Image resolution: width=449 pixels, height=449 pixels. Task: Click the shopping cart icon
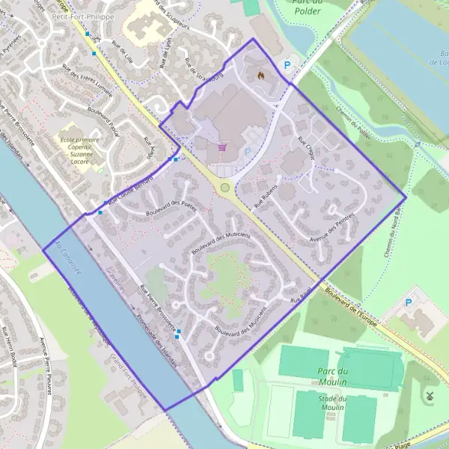222,147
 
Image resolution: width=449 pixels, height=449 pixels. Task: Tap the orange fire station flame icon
260,76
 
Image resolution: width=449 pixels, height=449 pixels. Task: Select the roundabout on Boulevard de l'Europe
224,187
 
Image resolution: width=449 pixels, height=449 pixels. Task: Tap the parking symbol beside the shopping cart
248,152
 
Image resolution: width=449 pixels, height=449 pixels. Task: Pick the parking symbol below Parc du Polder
287,66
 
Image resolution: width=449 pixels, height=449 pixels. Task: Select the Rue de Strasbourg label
208,70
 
